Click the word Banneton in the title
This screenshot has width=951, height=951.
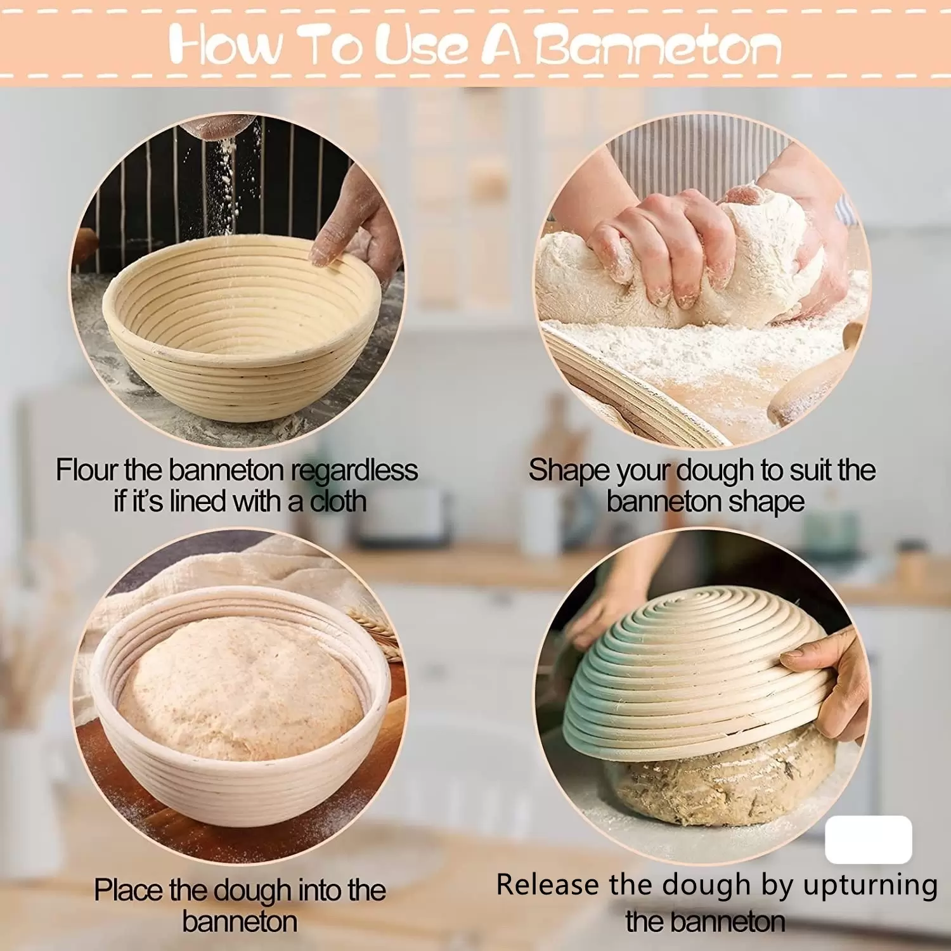pos(657,46)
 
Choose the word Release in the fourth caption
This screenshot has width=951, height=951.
pos(548,884)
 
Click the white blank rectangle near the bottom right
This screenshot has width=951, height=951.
pos(869,839)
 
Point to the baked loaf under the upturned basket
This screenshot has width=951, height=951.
pos(723,783)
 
